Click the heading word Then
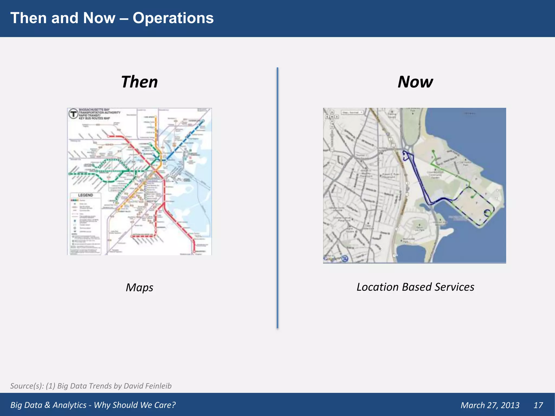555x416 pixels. [139, 82]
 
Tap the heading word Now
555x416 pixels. [415, 82]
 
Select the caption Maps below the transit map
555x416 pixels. [139, 287]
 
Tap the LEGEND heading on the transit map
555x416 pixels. [86, 195]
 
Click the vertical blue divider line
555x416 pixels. [277, 198]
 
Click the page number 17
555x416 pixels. [538, 405]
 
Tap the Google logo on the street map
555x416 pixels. [332, 259]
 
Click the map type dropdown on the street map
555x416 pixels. [352, 112]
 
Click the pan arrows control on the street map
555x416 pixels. [332, 117]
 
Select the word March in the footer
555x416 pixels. [473, 405]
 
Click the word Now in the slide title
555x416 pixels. [99, 18]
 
